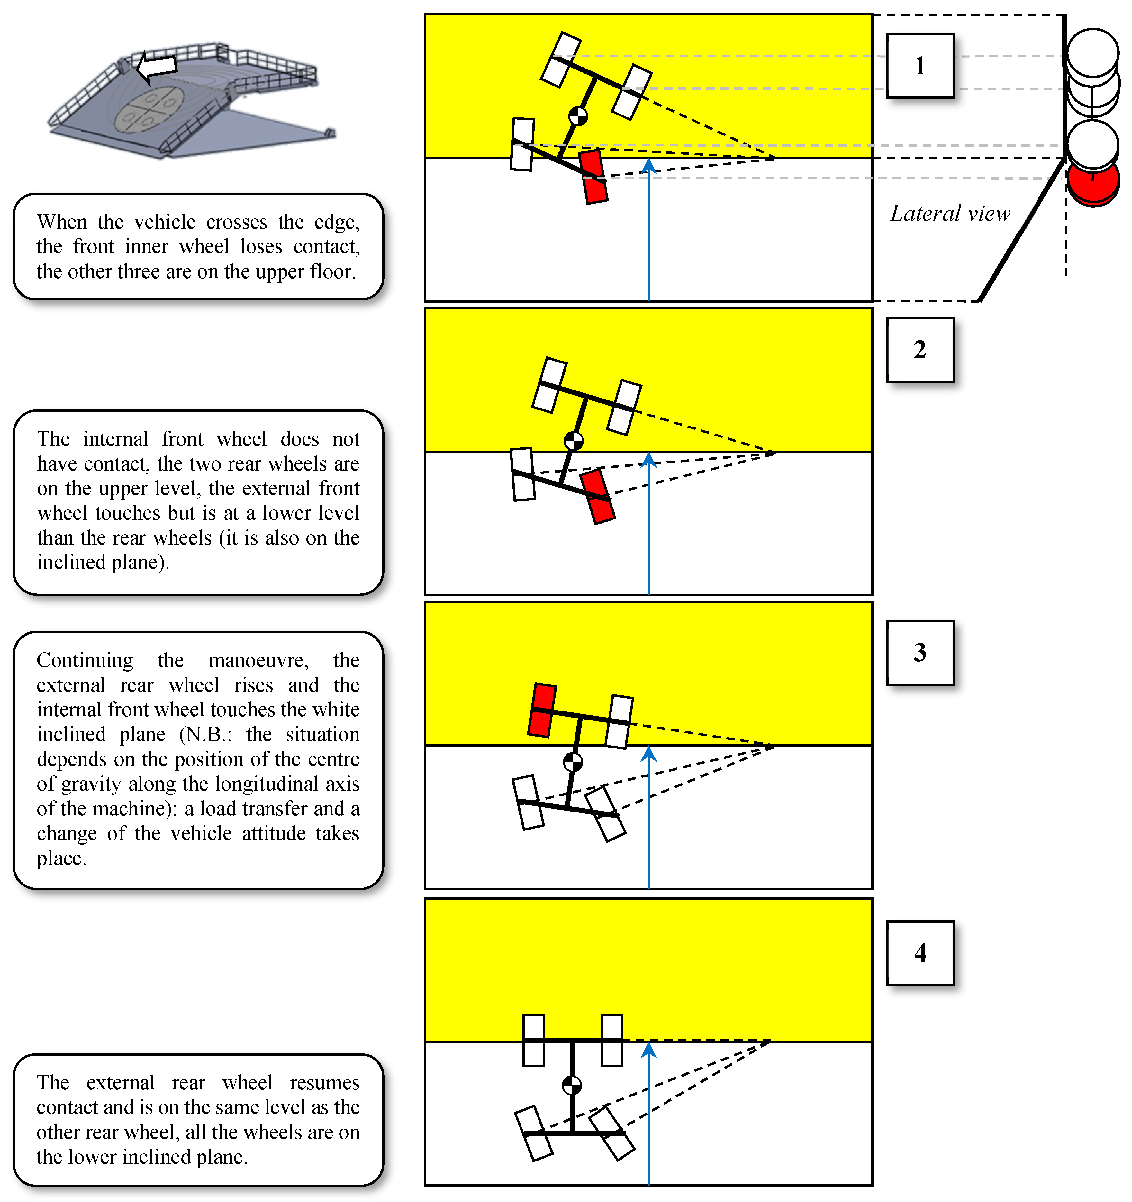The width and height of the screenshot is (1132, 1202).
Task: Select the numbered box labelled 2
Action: [920, 350]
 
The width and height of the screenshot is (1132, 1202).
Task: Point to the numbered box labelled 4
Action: [920, 953]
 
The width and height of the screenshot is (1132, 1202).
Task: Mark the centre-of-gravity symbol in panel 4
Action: [572, 1085]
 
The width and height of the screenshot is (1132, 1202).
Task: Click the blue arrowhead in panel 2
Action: [648, 460]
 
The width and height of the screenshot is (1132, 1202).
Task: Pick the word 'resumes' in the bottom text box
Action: [324, 1083]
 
